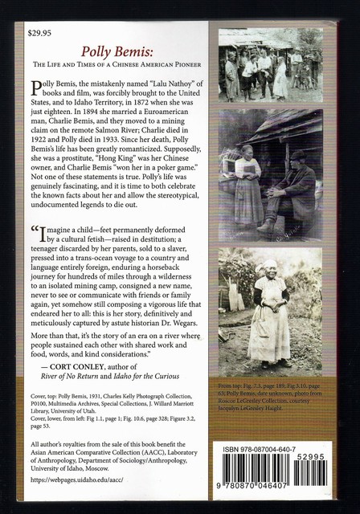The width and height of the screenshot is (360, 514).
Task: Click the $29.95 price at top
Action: pyautogui.click(x=39, y=35)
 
